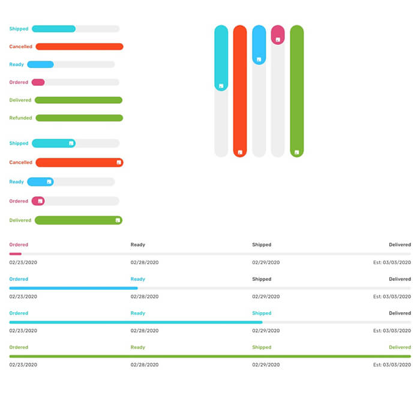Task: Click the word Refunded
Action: (x=20, y=118)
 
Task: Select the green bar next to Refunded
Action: (x=79, y=118)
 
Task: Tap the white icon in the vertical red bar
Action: (x=240, y=152)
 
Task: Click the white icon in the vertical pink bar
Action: (x=278, y=40)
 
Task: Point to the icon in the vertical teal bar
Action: (x=221, y=86)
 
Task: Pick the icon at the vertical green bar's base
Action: (x=297, y=152)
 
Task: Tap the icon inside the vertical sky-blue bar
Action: (x=259, y=59)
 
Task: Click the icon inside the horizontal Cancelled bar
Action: (x=119, y=163)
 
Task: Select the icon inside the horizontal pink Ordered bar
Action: (x=40, y=201)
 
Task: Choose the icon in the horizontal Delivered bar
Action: (x=118, y=220)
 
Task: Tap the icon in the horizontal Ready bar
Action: (x=49, y=182)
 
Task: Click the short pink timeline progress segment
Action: (x=15, y=254)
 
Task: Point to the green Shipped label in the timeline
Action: (x=262, y=348)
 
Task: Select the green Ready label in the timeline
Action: (x=137, y=348)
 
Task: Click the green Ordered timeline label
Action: (x=19, y=348)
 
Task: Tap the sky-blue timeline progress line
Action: (x=73, y=288)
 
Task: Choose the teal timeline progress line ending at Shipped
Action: (x=136, y=322)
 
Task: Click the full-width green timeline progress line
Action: (x=210, y=357)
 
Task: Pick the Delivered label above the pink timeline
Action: (x=400, y=245)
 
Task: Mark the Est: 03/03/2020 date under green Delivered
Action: (x=392, y=365)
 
